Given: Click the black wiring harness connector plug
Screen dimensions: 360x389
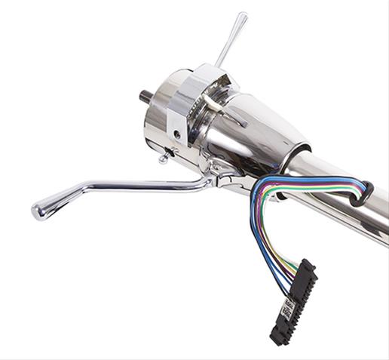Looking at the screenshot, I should pyautogui.click(x=295, y=298).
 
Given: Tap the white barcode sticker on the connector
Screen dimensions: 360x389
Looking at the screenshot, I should pyautogui.click(x=288, y=309).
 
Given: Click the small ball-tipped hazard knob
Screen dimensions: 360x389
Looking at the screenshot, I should pyautogui.click(x=163, y=158).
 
